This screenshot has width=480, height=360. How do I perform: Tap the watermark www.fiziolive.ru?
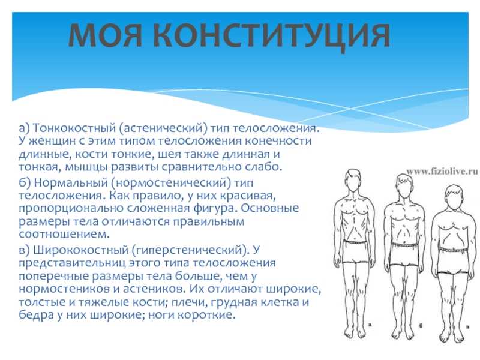(442, 172)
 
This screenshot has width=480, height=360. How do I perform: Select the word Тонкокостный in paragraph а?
(74, 128)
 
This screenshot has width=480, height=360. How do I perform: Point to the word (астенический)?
(163, 128)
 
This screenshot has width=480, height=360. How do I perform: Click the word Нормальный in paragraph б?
(70, 183)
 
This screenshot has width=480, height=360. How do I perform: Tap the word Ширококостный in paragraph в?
(80, 250)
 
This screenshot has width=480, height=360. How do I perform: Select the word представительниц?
(72, 263)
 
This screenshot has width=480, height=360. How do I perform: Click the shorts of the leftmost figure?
(355, 251)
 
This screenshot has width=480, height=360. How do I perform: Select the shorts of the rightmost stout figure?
(455, 260)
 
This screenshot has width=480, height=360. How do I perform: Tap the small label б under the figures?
(421, 326)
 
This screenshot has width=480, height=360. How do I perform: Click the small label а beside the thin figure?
(370, 325)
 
